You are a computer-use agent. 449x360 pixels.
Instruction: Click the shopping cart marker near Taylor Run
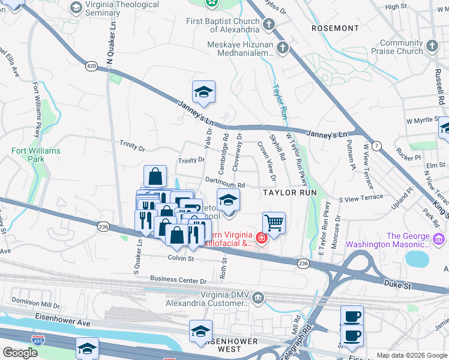pyautogui.click(x=274, y=223)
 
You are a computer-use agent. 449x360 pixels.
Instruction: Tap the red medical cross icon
pyautogui.click(x=261, y=238)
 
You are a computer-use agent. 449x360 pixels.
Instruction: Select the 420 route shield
pyautogui.click(x=91, y=67)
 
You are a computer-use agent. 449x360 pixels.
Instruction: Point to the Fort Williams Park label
pyautogui.click(x=28, y=155)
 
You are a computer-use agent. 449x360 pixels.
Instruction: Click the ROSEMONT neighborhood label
pyautogui.click(x=336, y=28)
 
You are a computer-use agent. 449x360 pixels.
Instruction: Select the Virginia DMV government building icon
pyautogui.click(x=258, y=297)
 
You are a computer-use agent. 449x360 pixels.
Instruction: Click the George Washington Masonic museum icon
pyautogui.click(x=438, y=239)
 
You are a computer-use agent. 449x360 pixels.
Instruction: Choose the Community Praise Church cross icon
pyautogui.click(x=433, y=47)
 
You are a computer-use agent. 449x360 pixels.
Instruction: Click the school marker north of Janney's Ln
pyautogui.click(x=203, y=92)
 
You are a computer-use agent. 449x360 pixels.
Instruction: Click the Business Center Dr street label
pyautogui.click(x=178, y=280)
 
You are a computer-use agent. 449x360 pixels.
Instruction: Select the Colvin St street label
pyautogui.click(x=180, y=259)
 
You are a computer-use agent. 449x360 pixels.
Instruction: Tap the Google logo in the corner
pyautogui.click(x=20, y=353)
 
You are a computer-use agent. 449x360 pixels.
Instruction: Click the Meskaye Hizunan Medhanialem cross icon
pyautogui.click(x=282, y=48)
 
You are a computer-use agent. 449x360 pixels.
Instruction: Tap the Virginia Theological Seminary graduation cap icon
pyautogui.click(x=76, y=7)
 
